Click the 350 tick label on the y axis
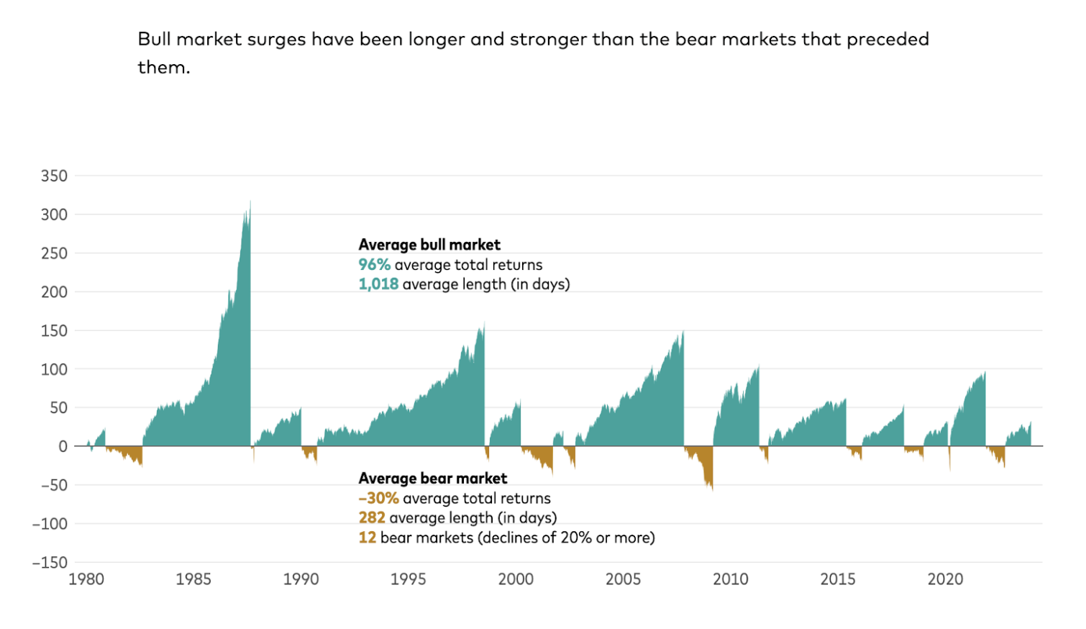tap(54, 176)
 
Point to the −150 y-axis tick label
tap(50, 563)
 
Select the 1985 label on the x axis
tap(193, 579)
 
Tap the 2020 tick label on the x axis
tap(945, 579)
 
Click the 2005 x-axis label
tap(623, 579)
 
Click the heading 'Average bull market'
tap(429, 245)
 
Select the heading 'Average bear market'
tap(433, 479)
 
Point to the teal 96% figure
tap(374, 265)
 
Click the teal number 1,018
tap(378, 284)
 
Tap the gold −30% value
tap(378, 498)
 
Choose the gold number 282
tap(372, 518)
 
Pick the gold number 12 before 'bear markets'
tap(368, 538)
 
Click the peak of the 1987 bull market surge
tap(250, 202)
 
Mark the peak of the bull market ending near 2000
tap(484, 322)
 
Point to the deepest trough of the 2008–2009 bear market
tap(712, 490)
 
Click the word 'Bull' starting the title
tap(154, 39)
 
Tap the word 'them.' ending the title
tap(164, 67)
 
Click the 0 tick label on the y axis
tap(63, 447)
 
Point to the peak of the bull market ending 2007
tap(683, 332)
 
